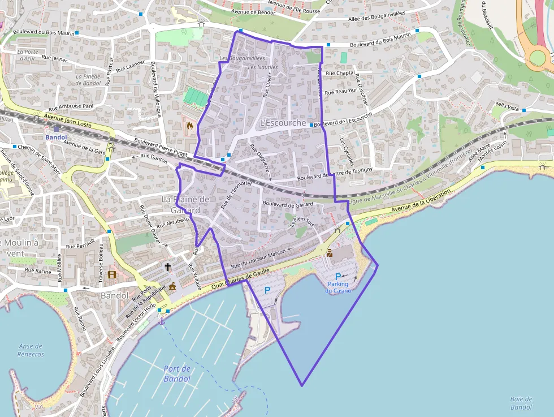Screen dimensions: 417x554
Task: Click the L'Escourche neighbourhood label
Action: pos(283,123)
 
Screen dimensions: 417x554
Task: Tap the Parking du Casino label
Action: pos(338,287)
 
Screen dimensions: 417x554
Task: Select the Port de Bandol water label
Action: pos(177,373)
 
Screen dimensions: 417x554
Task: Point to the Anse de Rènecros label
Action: pos(31,350)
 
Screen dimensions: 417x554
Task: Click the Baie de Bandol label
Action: pos(521,403)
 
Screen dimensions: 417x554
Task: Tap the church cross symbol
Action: pos(167,266)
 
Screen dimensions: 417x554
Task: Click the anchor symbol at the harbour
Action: pos(161,321)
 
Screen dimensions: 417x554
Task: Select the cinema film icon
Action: pos(111,275)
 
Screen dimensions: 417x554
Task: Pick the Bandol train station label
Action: pos(56,137)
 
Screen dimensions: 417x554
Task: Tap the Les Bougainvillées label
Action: pos(242,58)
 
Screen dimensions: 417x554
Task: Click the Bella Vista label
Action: pos(507,106)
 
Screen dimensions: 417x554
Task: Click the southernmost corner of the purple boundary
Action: pos(302,386)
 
